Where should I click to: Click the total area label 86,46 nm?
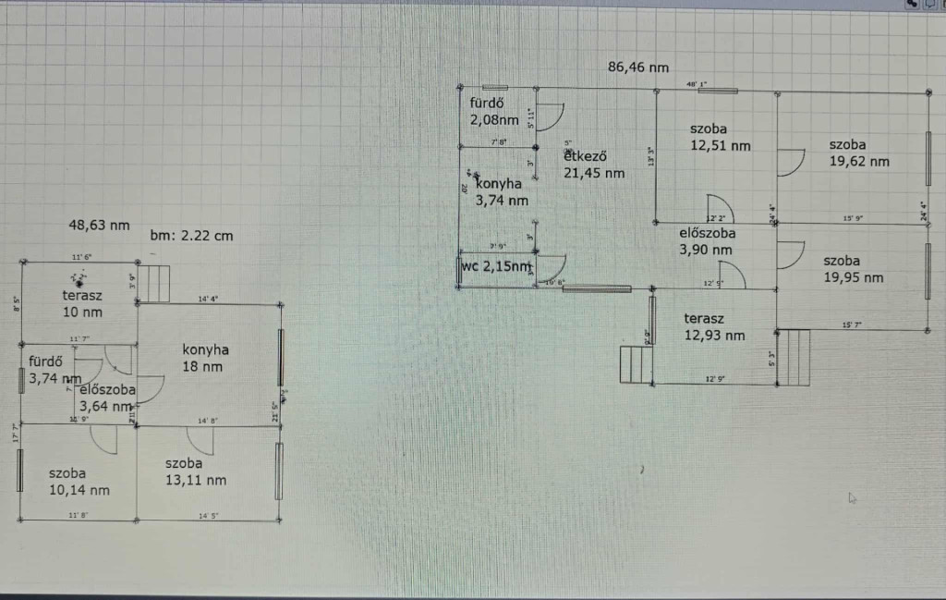(x=638, y=67)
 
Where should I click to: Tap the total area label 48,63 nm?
(x=99, y=225)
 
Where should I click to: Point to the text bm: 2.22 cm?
(x=191, y=236)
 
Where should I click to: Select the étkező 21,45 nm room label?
(x=594, y=164)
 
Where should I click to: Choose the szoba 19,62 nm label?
(x=858, y=153)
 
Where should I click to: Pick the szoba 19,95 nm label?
(x=853, y=269)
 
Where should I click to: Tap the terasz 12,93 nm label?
(x=714, y=327)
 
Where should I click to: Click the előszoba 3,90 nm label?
(x=706, y=241)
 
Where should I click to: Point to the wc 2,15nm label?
(x=497, y=267)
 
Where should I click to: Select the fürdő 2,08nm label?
(x=493, y=111)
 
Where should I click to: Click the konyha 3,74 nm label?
(x=502, y=191)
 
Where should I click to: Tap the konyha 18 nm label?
(x=205, y=358)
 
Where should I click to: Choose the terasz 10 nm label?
(x=81, y=303)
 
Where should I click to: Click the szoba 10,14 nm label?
(x=79, y=482)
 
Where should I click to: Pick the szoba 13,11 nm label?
(x=195, y=471)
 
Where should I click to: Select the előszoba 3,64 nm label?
(x=107, y=398)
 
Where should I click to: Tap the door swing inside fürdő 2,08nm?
(x=549, y=116)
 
